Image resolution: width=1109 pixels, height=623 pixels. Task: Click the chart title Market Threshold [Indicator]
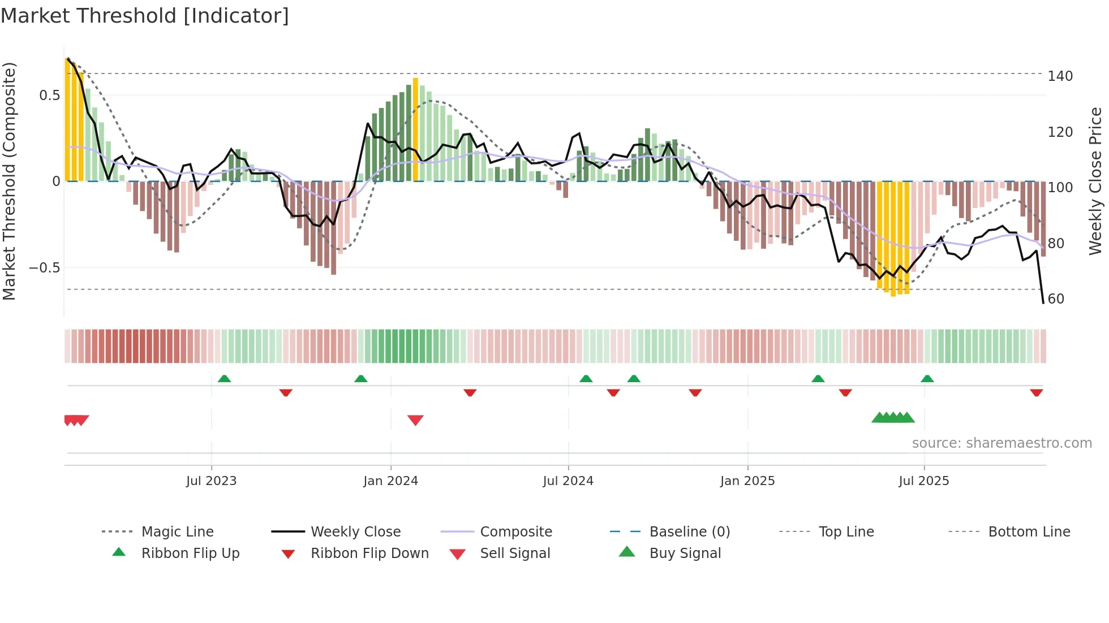(145, 16)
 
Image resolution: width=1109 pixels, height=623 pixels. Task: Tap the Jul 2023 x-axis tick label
(211, 481)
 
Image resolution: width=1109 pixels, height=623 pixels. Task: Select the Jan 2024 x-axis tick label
(390, 481)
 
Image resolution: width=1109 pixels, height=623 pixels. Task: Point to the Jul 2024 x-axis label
(568, 481)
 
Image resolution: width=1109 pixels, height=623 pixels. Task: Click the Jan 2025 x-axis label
(747, 481)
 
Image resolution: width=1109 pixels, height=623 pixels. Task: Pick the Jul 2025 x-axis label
(924, 481)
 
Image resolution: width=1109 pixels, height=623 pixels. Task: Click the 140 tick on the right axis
(1060, 76)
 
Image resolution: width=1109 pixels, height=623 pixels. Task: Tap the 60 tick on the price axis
(1056, 298)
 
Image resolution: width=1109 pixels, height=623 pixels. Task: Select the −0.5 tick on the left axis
(45, 267)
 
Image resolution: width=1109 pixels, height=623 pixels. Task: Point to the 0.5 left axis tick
(49, 95)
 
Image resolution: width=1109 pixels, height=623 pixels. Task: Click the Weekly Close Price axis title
(1095, 181)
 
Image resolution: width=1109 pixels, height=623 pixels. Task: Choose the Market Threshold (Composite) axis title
(9, 181)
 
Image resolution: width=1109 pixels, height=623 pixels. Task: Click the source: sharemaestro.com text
(1001, 443)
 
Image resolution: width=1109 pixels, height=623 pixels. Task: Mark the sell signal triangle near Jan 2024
(415, 420)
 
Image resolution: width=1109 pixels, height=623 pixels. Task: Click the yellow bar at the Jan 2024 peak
(415, 130)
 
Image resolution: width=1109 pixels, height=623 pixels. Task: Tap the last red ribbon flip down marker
(1036, 392)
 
